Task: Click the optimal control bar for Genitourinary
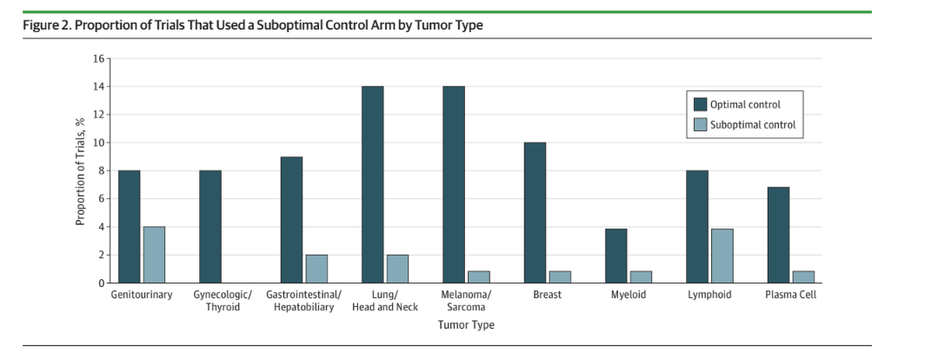click(x=130, y=226)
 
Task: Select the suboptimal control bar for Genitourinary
click(x=154, y=255)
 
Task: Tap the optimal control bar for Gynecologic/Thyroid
click(x=210, y=226)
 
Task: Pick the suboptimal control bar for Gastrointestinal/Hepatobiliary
click(x=316, y=269)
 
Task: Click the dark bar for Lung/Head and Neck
click(x=372, y=184)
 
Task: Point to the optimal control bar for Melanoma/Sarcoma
click(x=454, y=184)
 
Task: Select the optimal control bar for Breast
click(x=535, y=212)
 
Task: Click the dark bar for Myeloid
click(x=616, y=256)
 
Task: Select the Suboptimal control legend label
click(x=752, y=124)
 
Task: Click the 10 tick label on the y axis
click(x=98, y=143)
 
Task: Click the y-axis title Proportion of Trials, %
click(x=80, y=170)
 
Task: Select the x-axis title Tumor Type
click(x=466, y=324)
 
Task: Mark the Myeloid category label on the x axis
click(x=628, y=295)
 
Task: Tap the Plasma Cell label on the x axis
click(x=789, y=295)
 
